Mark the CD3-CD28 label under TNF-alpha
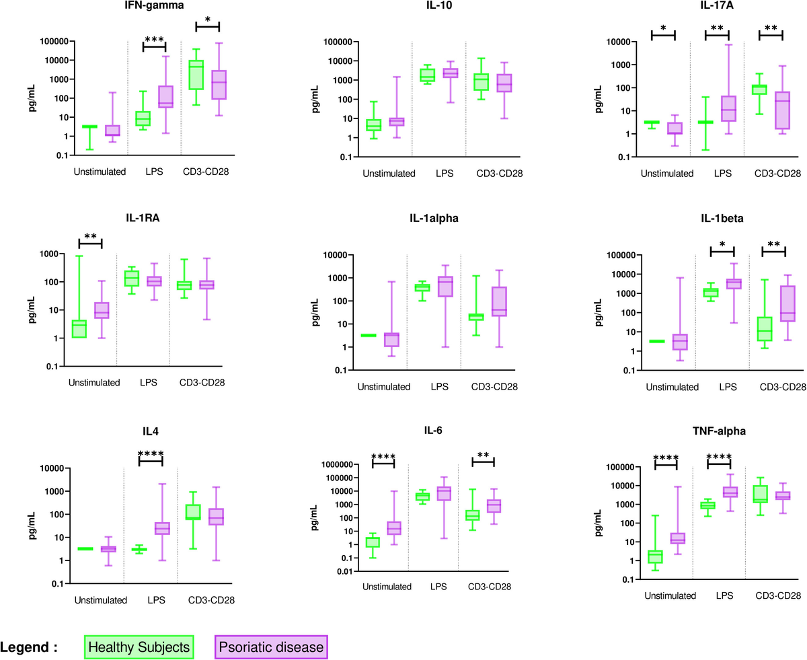(x=776, y=596)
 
